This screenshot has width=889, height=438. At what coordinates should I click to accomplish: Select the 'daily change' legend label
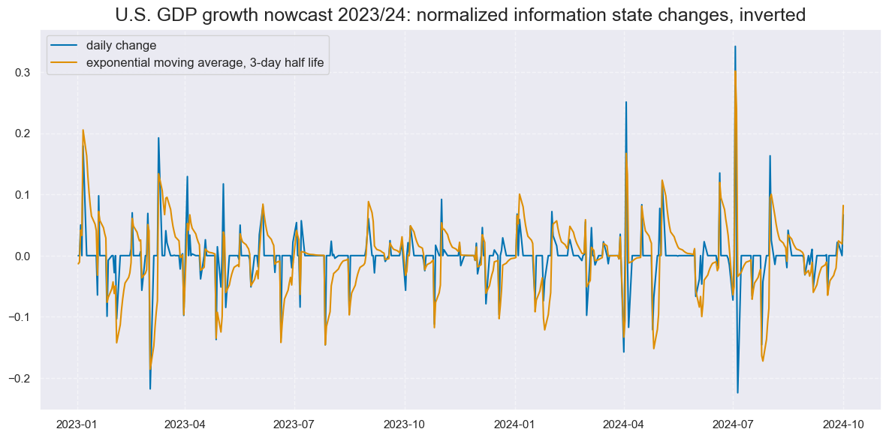point(121,46)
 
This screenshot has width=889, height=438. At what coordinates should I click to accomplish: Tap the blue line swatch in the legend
point(65,46)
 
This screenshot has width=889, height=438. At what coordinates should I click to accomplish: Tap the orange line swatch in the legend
point(65,63)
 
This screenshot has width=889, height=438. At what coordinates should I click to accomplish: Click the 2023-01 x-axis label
point(77,423)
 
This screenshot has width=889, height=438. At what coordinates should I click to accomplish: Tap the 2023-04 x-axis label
point(185,423)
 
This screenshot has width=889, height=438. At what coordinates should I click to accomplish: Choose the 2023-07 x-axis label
point(294,423)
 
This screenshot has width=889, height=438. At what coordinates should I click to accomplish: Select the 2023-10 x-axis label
point(405,423)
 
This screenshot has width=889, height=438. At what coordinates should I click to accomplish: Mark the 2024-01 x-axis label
point(515,423)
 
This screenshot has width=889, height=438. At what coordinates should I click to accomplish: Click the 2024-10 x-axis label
point(844,423)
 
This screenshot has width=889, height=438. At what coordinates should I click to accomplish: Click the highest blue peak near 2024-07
point(735,46)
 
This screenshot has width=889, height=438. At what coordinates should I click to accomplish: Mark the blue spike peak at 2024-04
point(625,102)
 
